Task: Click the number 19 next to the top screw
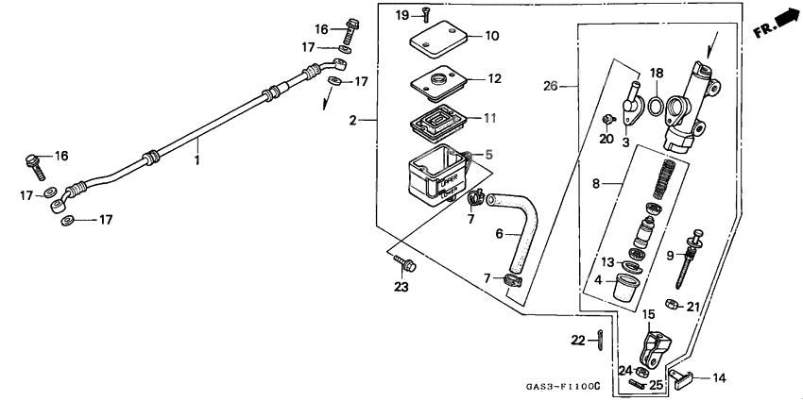click(x=401, y=15)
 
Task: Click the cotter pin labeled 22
click(x=602, y=338)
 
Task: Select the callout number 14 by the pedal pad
click(x=719, y=378)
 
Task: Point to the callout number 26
click(x=550, y=86)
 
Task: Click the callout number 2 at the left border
click(x=352, y=120)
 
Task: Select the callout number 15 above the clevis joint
click(x=649, y=314)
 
